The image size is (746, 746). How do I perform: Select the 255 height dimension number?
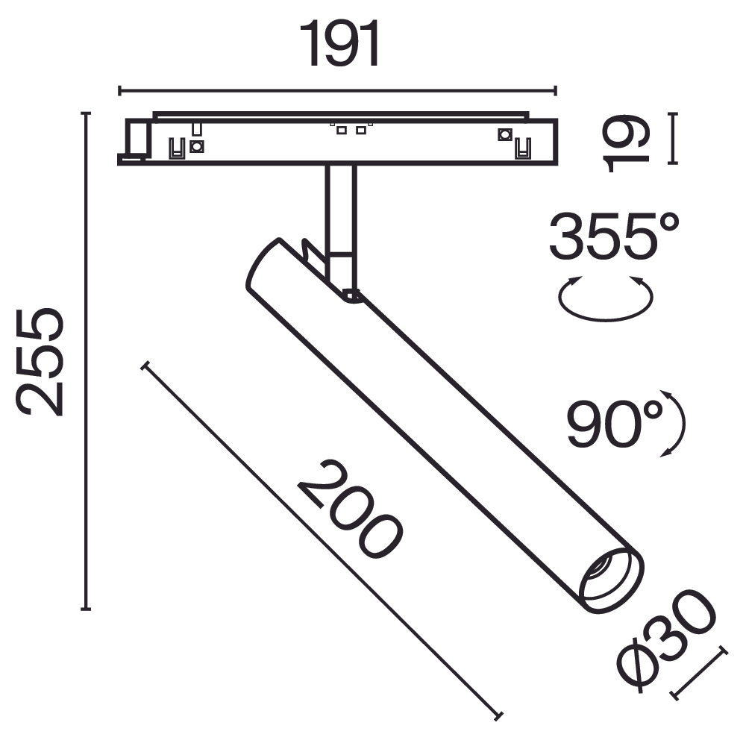(x=42, y=361)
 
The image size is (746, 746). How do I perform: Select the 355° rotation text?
(x=614, y=236)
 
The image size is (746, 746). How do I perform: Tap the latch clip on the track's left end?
(x=136, y=142)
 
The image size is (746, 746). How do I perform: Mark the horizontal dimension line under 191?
(x=337, y=91)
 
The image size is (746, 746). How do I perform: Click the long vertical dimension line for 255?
(x=87, y=361)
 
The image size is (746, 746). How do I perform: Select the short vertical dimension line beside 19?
(x=674, y=138)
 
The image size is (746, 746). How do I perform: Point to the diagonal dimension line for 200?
(x=321, y=539)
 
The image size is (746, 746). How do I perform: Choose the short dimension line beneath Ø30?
(x=700, y=673)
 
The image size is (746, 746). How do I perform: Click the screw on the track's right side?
(x=504, y=135)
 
